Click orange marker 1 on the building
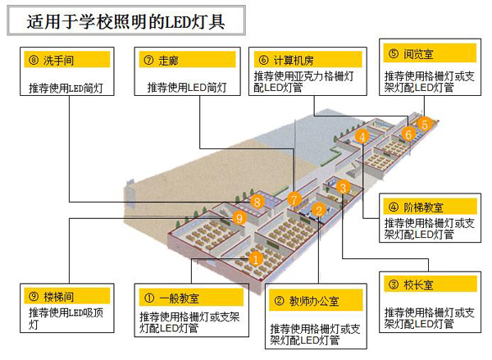point(255,258)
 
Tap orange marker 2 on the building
point(317,210)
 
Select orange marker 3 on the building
point(344,187)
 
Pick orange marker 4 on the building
point(362,138)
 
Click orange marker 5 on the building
point(423,125)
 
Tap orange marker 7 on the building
point(294,198)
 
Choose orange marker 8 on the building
point(257,201)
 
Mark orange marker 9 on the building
point(239,218)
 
